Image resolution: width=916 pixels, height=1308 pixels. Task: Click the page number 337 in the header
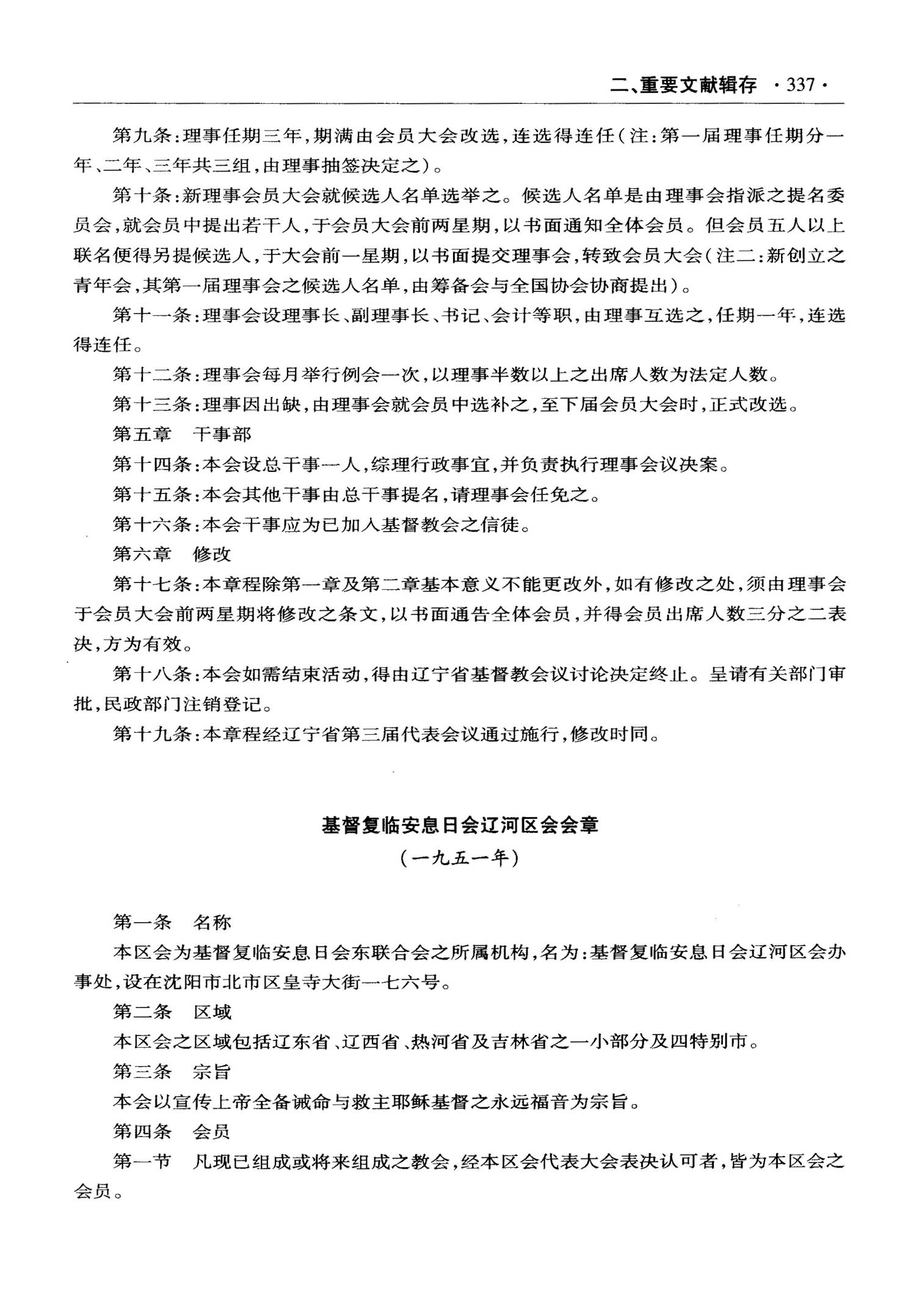pos(801,85)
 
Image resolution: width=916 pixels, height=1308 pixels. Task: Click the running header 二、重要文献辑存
pos(683,85)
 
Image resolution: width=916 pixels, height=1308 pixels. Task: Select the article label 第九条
pos(142,136)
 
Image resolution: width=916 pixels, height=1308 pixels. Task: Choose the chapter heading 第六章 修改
pos(172,554)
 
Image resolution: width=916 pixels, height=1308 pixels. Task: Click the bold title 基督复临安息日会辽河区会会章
pos(460,826)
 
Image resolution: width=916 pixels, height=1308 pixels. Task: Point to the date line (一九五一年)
pos(460,859)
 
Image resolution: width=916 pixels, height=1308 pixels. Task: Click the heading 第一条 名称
pos(172,922)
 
